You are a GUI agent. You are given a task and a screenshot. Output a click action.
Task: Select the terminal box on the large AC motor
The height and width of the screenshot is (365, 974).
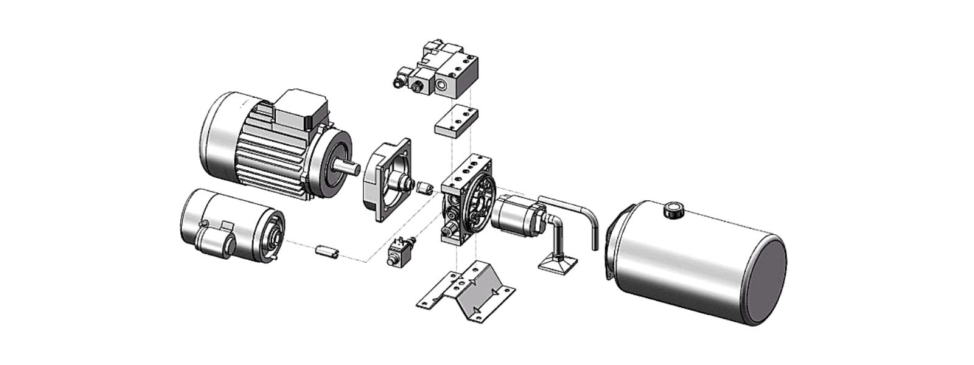pyautogui.click(x=301, y=109)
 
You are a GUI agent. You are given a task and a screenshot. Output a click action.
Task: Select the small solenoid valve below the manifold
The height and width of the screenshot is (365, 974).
pyautogui.click(x=399, y=252)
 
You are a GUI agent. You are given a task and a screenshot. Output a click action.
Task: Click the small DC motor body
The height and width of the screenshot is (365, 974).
pyautogui.click(x=219, y=225)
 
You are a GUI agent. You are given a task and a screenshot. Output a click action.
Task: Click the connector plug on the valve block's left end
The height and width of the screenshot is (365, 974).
pyautogui.click(x=402, y=79)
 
